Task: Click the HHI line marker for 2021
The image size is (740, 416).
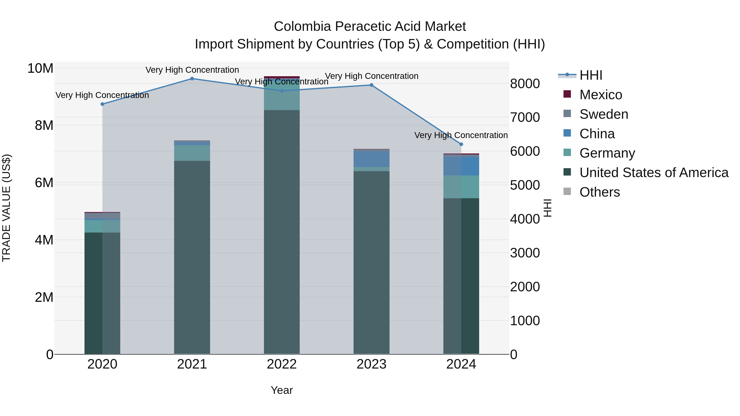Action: pyautogui.click(x=192, y=78)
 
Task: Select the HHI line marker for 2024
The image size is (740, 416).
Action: pyautogui.click(x=461, y=144)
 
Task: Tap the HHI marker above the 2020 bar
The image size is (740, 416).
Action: pyautogui.click(x=102, y=104)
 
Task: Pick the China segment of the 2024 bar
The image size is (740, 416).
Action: pyautogui.click(x=461, y=166)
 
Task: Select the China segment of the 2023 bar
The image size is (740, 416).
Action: pyautogui.click(x=371, y=159)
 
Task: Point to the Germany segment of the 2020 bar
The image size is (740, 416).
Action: pyautogui.click(x=102, y=226)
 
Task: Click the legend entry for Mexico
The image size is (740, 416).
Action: pyautogui.click(x=600, y=95)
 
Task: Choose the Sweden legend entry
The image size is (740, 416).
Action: pyautogui.click(x=604, y=114)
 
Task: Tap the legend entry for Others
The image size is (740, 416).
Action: pyautogui.click(x=600, y=192)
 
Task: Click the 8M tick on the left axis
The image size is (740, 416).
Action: pyautogui.click(x=44, y=126)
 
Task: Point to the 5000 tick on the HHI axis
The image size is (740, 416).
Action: pyautogui.click(x=525, y=185)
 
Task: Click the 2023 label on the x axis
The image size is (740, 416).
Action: pyautogui.click(x=371, y=364)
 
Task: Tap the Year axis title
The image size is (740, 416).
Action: pyautogui.click(x=282, y=390)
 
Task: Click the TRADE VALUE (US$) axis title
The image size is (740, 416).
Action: pyautogui.click(x=6, y=208)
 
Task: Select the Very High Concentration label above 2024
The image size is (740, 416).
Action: pyautogui.click(x=461, y=135)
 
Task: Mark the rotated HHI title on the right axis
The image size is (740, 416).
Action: pyautogui.click(x=548, y=208)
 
